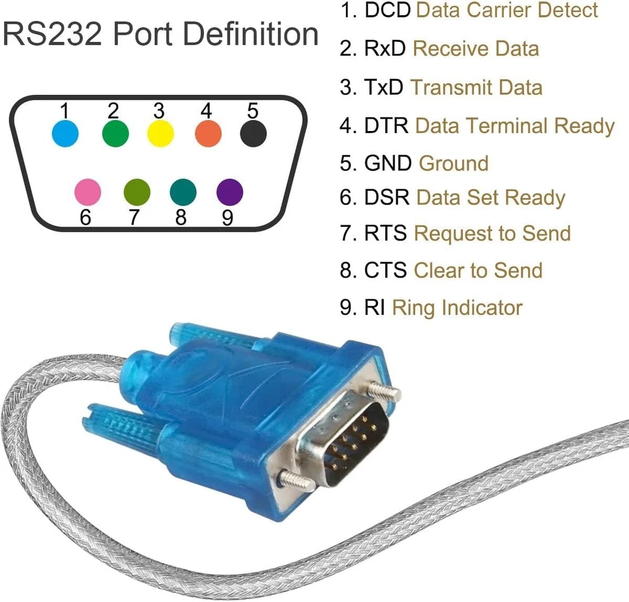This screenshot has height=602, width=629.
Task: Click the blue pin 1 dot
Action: pyautogui.click(x=65, y=134)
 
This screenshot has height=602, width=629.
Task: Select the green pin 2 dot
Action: pyautogui.click(x=115, y=134)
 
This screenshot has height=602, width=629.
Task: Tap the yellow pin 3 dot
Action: pyautogui.click(x=161, y=134)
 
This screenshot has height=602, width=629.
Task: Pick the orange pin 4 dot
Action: pyautogui.click(x=208, y=134)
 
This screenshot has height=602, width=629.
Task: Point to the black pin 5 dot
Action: pyautogui.click(x=254, y=134)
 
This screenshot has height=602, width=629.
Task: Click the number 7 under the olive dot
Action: pyautogui.click(x=134, y=217)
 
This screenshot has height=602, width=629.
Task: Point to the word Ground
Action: pyautogui.click(x=453, y=163)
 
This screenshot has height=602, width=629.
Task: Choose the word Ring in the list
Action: pyautogui.click(x=413, y=307)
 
